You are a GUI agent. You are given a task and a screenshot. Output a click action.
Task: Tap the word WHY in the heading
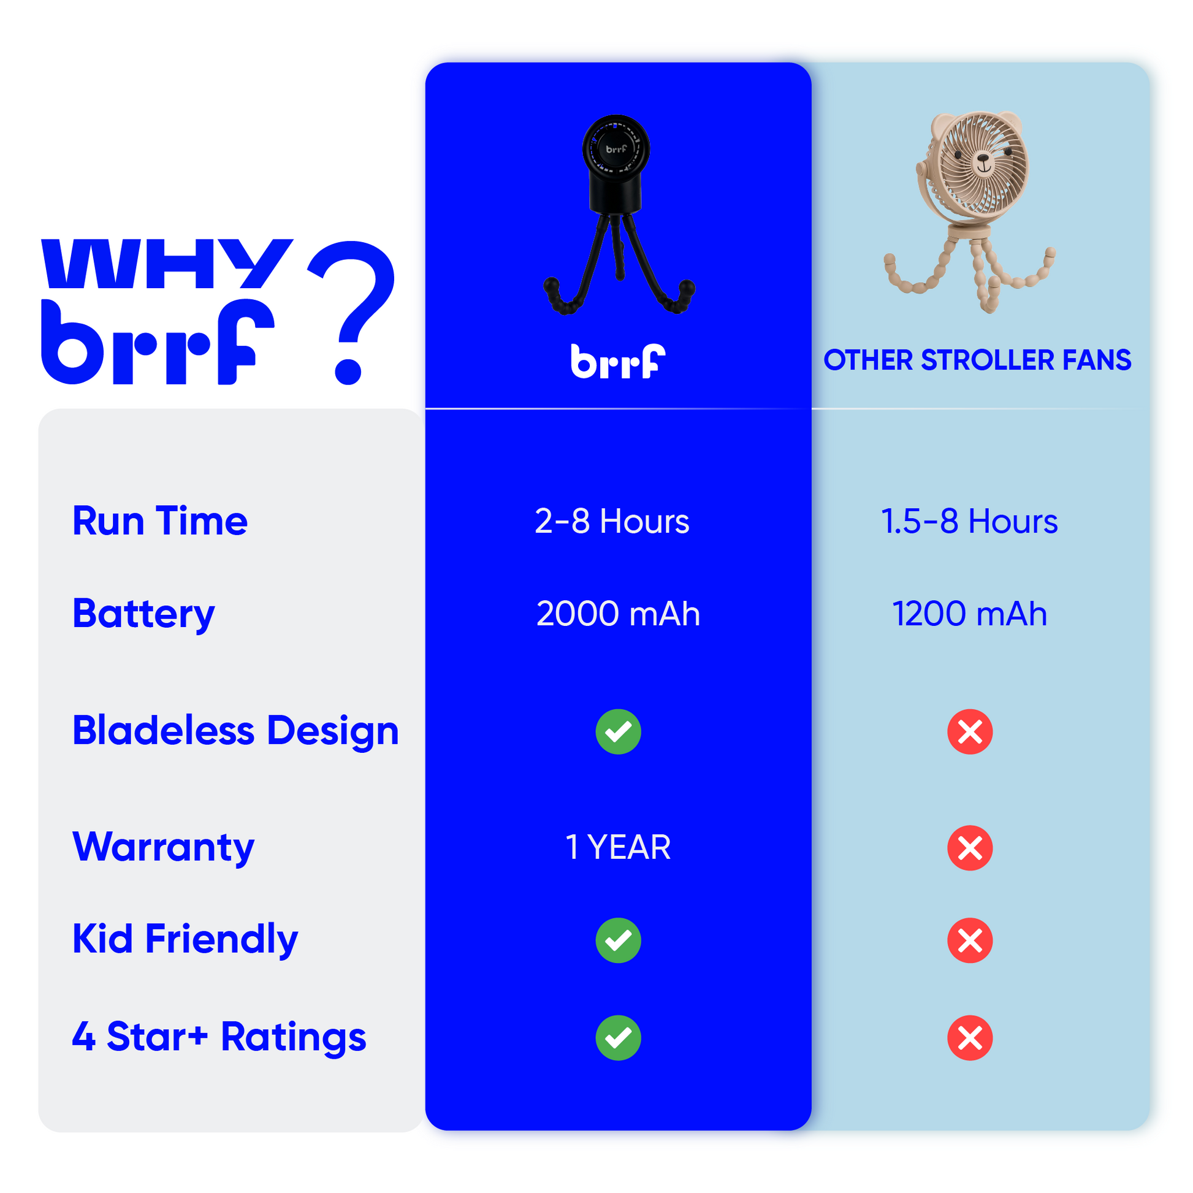167,264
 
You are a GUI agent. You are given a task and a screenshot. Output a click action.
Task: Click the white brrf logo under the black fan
618,361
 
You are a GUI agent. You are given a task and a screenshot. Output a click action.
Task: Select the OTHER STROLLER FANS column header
977,360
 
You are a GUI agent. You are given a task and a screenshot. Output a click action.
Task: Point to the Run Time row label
160,521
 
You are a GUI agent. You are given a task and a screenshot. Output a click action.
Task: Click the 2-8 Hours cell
612,521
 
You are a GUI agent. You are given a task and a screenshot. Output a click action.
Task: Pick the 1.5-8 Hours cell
969,521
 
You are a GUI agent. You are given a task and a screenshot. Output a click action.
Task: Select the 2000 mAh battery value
618,614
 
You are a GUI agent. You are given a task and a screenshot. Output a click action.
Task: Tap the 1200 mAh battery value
970,614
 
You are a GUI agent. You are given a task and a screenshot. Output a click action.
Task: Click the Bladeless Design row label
236,731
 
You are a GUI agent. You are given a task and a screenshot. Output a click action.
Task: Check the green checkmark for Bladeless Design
618,732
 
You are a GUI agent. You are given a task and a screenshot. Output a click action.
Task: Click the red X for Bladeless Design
970,732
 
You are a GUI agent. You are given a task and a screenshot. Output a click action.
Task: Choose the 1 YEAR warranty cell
618,847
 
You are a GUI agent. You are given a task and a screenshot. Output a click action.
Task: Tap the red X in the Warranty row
970,848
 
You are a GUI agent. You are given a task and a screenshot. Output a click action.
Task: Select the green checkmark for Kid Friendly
618,940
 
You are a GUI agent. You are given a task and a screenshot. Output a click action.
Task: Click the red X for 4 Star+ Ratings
970,1038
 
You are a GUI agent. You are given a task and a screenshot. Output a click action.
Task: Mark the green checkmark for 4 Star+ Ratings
618,1038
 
